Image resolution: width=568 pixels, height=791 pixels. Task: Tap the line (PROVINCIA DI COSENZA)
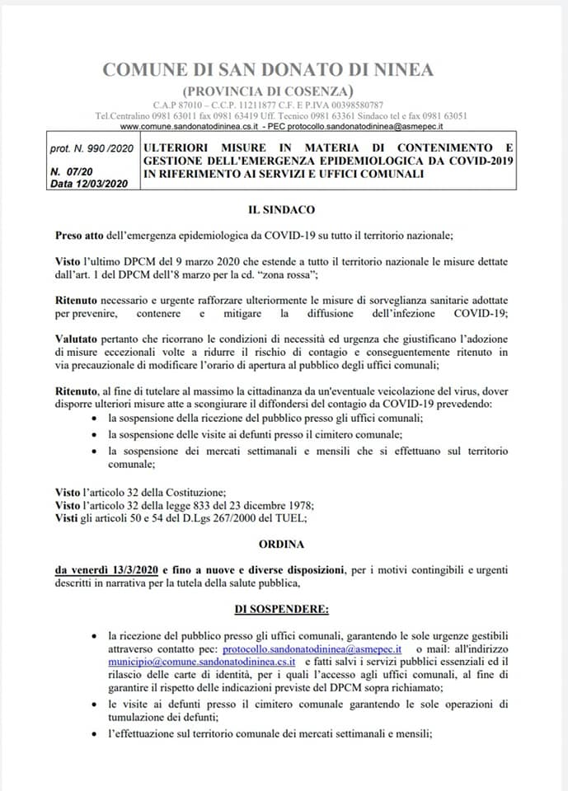click(269, 90)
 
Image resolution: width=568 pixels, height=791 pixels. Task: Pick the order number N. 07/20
click(71, 171)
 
